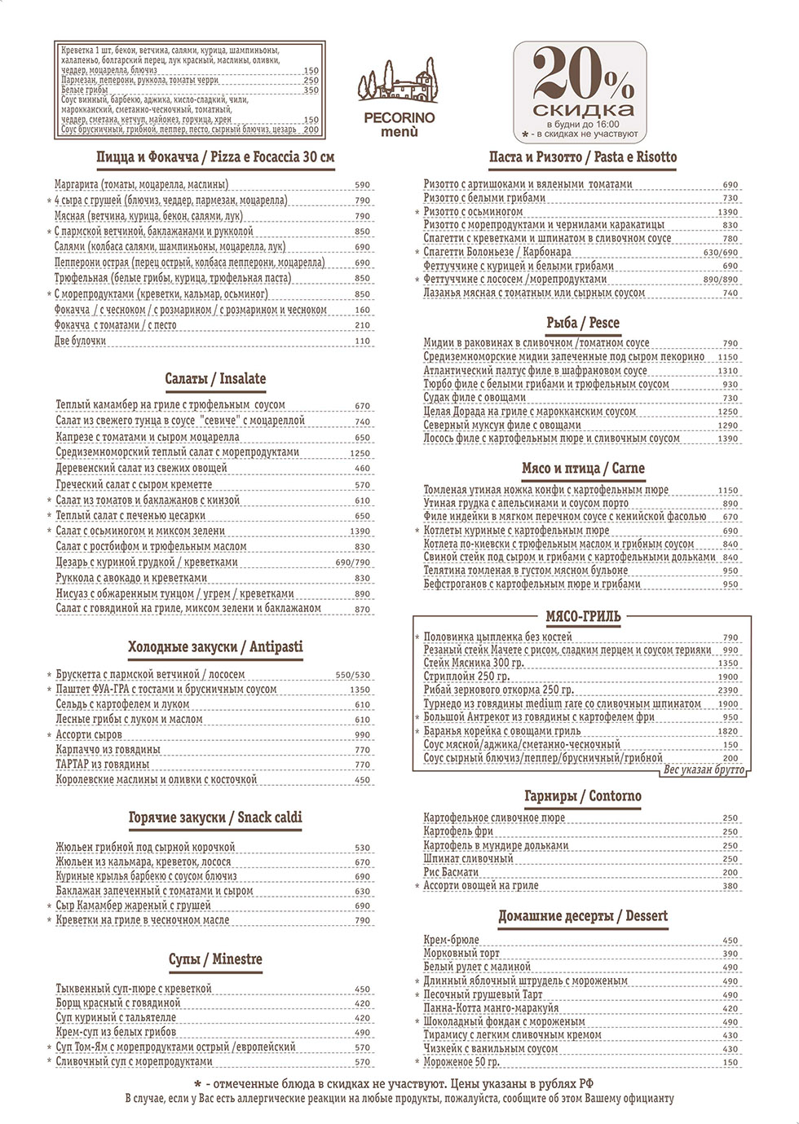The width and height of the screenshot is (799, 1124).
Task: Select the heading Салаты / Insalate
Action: [215, 379]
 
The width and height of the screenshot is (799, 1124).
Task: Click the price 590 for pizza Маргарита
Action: [363, 185]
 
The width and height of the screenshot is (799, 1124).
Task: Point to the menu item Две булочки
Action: [81, 341]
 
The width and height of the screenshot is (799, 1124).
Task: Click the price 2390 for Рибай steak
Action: [728, 690]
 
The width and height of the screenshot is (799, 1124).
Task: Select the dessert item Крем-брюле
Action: [452, 940]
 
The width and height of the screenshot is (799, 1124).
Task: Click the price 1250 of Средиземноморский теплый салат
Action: [360, 453]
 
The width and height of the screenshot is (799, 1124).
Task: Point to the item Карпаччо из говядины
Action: [108, 749]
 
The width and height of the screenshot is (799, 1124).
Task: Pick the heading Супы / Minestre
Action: [215, 959]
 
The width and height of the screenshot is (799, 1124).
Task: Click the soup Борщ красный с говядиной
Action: [117, 1003]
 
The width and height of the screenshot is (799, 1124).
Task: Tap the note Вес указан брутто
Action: [704, 770]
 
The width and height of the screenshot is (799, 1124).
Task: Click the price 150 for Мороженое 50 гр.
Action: [730, 1062]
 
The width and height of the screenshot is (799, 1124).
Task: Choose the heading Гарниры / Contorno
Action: [583, 796]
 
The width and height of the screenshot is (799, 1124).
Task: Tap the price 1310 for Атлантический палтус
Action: [728, 371]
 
